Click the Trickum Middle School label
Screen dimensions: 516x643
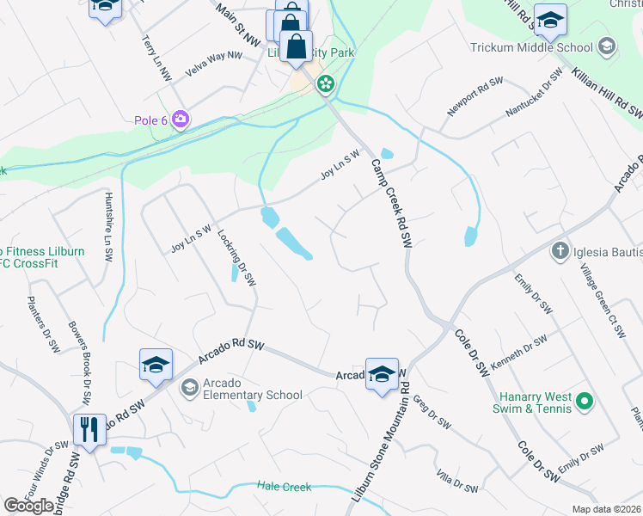(x=531, y=48)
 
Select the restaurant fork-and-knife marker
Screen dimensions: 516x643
(x=89, y=429)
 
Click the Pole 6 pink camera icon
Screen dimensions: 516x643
(x=181, y=120)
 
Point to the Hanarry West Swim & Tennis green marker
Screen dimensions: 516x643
(x=585, y=402)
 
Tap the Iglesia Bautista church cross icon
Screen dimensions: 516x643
(x=560, y=251)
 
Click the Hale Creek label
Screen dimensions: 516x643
(x=284, y=487)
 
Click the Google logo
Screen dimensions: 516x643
(x=29, y=506)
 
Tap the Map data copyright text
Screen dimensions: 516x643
(x=605, y=509)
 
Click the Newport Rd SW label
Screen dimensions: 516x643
(x=475, y=97)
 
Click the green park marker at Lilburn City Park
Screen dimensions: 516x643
(x=326, y=84)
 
